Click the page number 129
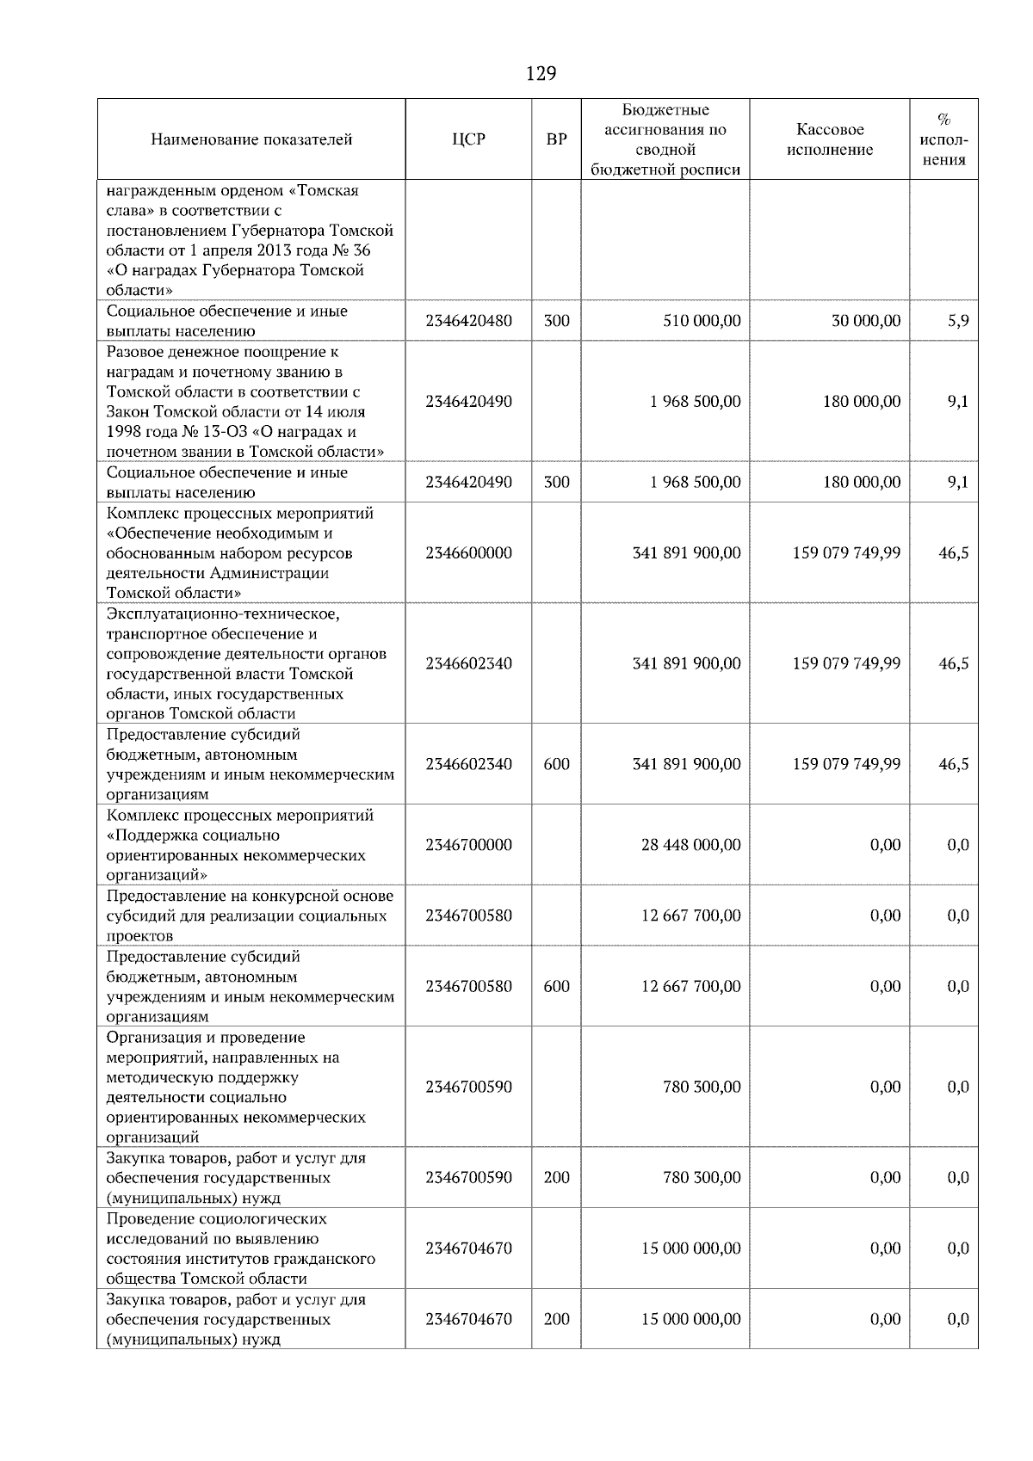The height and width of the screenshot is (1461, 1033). point(541,74)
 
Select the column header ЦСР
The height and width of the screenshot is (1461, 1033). point(468,139)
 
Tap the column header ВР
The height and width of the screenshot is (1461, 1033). point(557,139)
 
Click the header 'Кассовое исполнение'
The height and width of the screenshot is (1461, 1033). point(829,139)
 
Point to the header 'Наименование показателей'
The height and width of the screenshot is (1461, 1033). point(251,139)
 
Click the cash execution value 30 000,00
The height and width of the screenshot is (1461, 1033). point(866,321)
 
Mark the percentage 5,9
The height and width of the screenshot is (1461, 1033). point(957,321)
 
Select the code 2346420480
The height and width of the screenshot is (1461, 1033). point(468,321)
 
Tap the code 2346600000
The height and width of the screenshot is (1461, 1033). point(468,553)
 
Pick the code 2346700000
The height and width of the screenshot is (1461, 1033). point(468,845)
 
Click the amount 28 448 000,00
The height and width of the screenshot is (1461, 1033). point(690,845)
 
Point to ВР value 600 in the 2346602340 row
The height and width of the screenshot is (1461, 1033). point(557,764)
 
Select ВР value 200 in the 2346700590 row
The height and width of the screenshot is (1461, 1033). point(557,1178)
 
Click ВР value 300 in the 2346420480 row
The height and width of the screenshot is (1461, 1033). point(557,321)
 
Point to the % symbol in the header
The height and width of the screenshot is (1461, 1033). point(943,120)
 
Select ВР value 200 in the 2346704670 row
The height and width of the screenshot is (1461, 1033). point(557,1319)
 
